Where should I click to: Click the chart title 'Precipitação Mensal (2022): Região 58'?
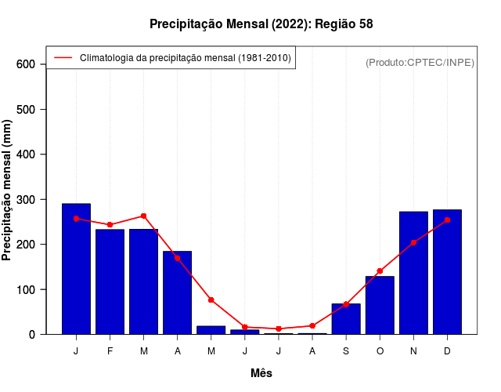pyautogui.click(x=261, y=24)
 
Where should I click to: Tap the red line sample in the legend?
pyautogui.click(x=63, y=58)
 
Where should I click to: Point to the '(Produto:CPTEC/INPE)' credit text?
pyautogui.click(x=420, y=62)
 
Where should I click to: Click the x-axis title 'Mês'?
pyautogui.click(x=261, y=373)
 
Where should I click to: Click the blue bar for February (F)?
pyautogui.click(x=110, y=282)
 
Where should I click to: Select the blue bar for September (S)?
pyautogui.click(x=346, y=319)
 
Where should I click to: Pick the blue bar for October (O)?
pyautogui.click(x=380, y=306)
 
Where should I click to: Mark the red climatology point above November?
pyautogui.click(x=413, y=242)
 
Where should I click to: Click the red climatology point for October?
pyautogui.click(x=380, y=271)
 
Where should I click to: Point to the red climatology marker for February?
pyautogui.click(x=110, y=225)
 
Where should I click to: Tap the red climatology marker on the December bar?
pyautogui.click(x=447, y=220)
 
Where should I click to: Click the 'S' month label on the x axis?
pyautogui.click(x=346, y=351)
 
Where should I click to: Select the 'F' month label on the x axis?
pyautogui.click(x=110, y=351)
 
